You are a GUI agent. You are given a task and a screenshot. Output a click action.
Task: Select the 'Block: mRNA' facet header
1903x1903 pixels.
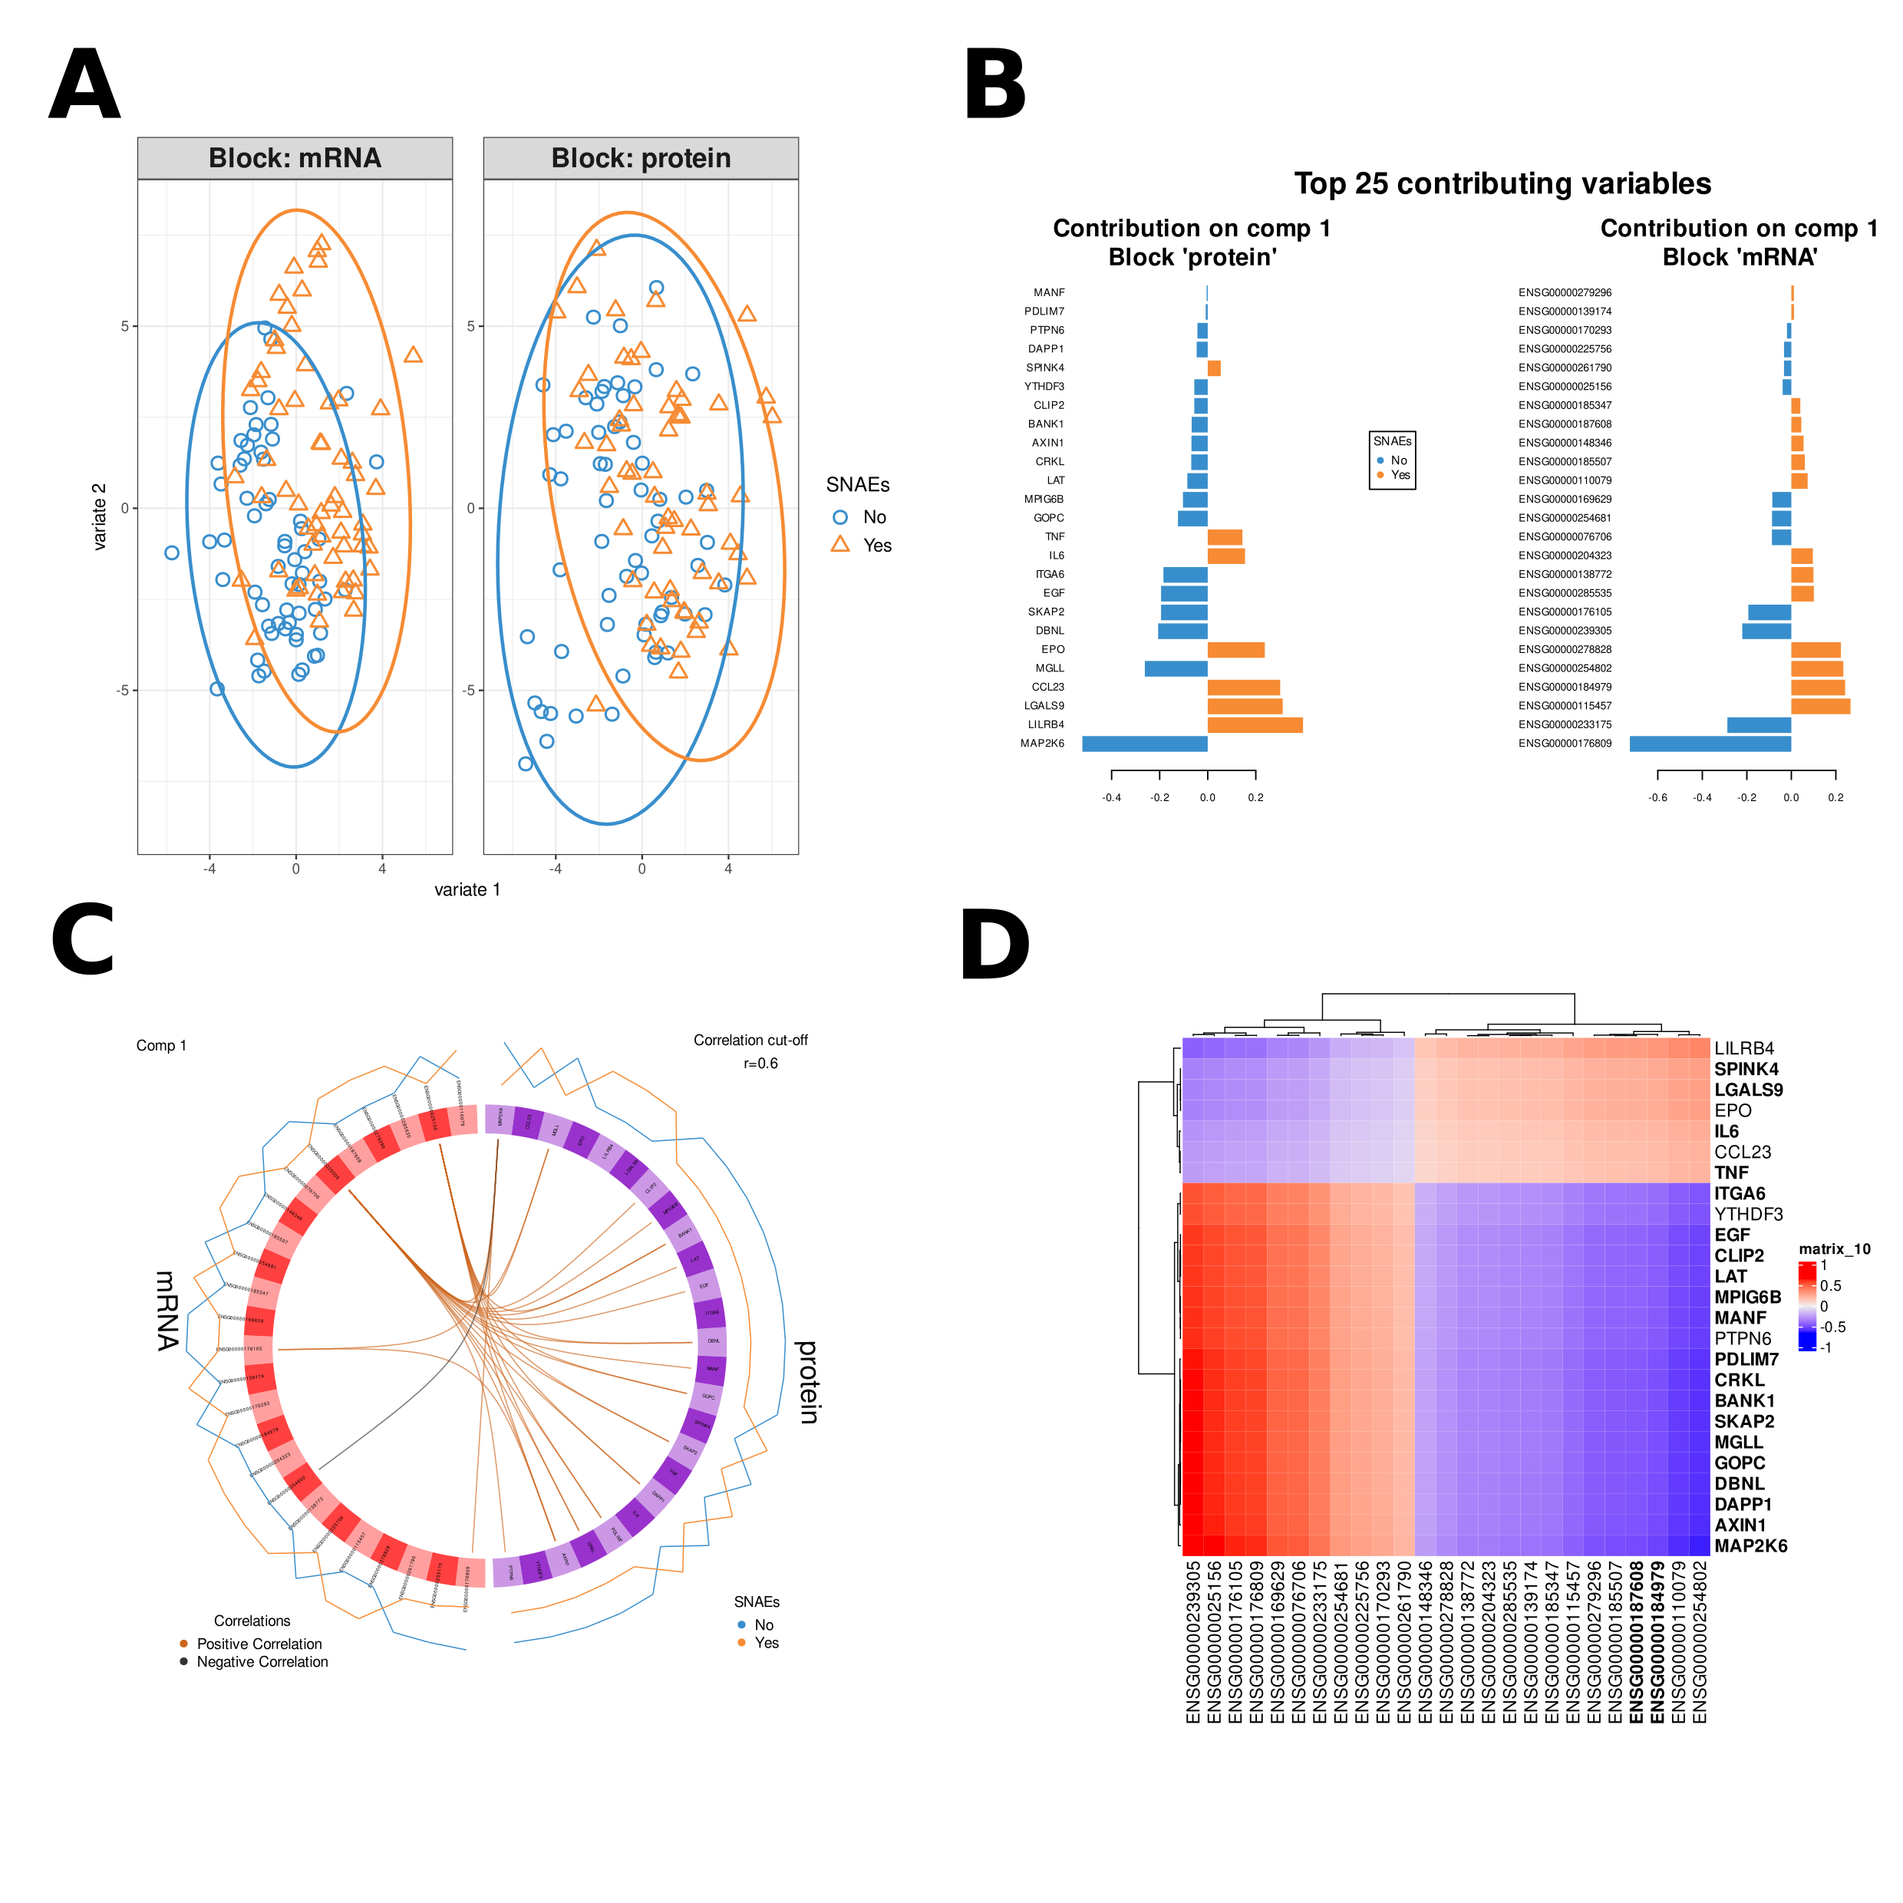[x=295, y=159]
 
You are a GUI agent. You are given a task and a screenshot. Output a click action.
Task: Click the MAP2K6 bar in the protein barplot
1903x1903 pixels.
[x=1145, y=744]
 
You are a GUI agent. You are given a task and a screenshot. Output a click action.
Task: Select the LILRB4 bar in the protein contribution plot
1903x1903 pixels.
[x=1255, y=725]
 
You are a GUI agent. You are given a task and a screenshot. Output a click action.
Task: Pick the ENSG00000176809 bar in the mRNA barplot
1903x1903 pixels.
[x=1710, y=744]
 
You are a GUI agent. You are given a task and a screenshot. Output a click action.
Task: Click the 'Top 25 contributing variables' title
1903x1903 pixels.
[x=1502, y=183]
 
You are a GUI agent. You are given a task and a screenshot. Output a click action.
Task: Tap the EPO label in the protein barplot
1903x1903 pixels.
[x=1053, y=649]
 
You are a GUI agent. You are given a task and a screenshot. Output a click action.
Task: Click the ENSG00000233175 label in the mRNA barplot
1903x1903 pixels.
[x=1565, y=725]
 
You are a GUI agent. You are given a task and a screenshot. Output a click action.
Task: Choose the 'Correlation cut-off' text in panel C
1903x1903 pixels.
[x=750, y=1041]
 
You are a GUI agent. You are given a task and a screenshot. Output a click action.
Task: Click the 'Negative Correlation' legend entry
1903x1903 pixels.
[x=262, y=1662]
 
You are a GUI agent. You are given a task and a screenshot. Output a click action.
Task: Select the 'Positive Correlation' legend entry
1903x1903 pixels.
[x=259, y=1644]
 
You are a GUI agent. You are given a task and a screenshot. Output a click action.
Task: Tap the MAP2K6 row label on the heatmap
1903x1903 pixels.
[x=1750, y=1545]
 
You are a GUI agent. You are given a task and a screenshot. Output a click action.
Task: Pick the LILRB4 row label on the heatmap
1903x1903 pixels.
[x=1743, y=1048]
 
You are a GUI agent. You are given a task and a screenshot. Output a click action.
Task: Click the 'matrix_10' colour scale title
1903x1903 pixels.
[x=1834, y=1249]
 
